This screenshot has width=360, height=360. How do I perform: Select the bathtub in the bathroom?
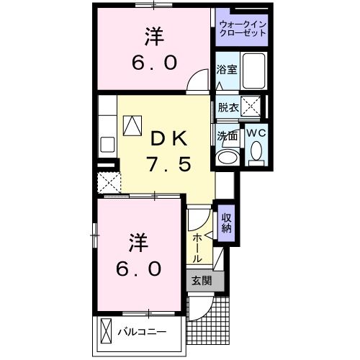point(253,71)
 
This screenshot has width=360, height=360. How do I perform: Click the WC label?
point(256,132)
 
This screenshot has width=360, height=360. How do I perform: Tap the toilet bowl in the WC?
point(256,152)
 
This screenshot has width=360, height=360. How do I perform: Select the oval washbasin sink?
point(229,158)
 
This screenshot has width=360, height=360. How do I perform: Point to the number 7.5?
point(169,165)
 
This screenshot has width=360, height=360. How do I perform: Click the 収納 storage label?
point(226,224)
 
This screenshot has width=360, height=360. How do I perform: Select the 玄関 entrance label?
point(201,281)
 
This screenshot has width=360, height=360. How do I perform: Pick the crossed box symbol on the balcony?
point(106,332)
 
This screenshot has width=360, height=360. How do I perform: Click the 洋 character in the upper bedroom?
point(153,35)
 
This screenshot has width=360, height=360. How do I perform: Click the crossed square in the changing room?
point(251,107)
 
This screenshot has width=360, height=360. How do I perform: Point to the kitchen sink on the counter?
point(107,143)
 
